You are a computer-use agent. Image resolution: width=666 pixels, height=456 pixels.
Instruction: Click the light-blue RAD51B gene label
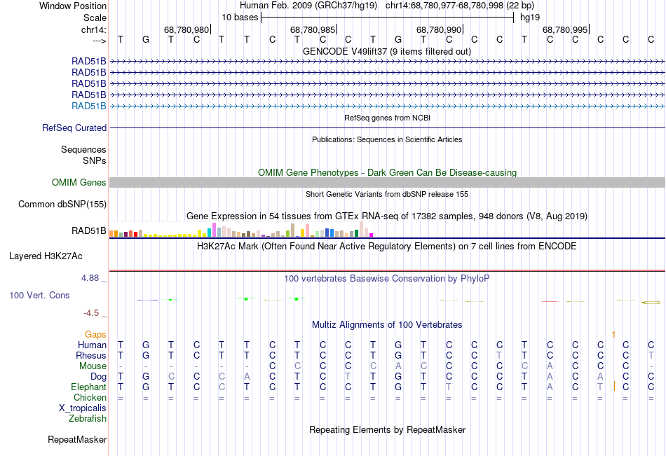click(89, 106)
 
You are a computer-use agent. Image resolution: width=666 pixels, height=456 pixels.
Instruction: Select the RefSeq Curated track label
click(74, 128)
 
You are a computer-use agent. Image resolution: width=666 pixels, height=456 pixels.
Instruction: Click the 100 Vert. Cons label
click(39, 296)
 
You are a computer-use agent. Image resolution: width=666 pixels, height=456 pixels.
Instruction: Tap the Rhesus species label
click(91, 356)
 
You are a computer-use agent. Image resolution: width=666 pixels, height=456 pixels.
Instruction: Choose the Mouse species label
click(93, 366)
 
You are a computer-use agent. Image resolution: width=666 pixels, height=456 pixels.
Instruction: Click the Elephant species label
click(88, 387)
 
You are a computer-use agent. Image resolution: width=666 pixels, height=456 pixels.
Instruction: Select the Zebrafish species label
click(88, 419)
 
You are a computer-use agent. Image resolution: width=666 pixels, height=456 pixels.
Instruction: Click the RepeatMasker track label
click(77, 440)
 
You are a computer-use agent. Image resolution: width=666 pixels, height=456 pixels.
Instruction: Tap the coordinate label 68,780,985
click(313, 30)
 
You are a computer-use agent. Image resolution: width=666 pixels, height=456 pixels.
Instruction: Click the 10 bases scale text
click(240, 18)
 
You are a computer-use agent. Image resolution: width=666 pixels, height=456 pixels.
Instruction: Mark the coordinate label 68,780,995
click(565, 30)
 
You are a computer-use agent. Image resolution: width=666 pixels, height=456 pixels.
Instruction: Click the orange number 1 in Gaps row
click(613, 335)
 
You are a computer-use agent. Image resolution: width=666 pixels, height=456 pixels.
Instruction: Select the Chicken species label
click(90, 398)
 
